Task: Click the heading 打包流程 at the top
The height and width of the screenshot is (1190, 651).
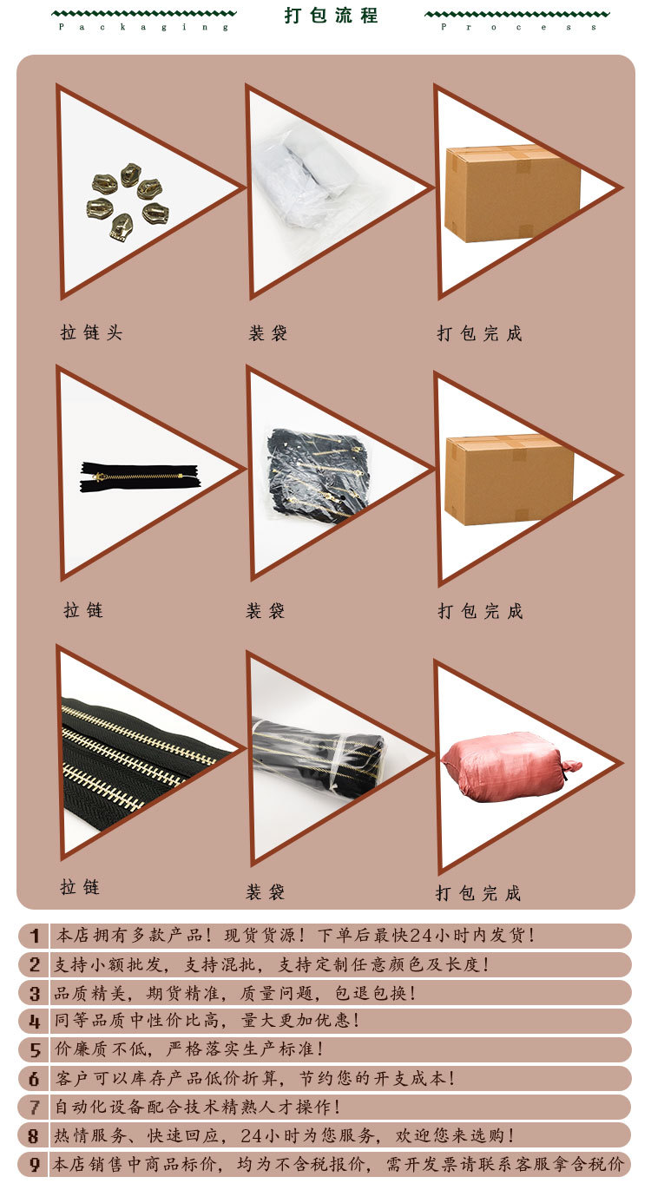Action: click(x=331, y=15)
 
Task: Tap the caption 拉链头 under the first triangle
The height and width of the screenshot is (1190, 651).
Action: click(x=91, y=332)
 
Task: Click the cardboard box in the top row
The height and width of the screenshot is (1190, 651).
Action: click(x=512, y=194)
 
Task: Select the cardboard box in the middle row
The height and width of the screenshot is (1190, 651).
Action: click(x=510, y=479)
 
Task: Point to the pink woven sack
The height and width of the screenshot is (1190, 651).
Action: click(x=511, y=767)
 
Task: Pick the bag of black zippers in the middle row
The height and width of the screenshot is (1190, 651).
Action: click(x=318, y=474)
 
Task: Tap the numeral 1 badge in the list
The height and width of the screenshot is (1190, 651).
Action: click(x=35, y=936)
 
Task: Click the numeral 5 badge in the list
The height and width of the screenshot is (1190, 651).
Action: click(x=35, y=1049)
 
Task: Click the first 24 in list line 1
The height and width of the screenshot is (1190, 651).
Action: click(x=422, y=935)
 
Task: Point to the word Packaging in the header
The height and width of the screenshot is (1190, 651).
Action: click(x=143, y=27)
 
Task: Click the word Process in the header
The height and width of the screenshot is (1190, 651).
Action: click(x=518, y=27)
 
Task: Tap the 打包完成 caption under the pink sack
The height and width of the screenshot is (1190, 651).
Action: click(x=478, y=893)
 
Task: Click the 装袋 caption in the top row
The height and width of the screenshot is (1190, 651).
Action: click(x=268, y=333)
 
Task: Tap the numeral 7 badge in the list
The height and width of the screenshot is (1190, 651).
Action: click(x=35, y=1108)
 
